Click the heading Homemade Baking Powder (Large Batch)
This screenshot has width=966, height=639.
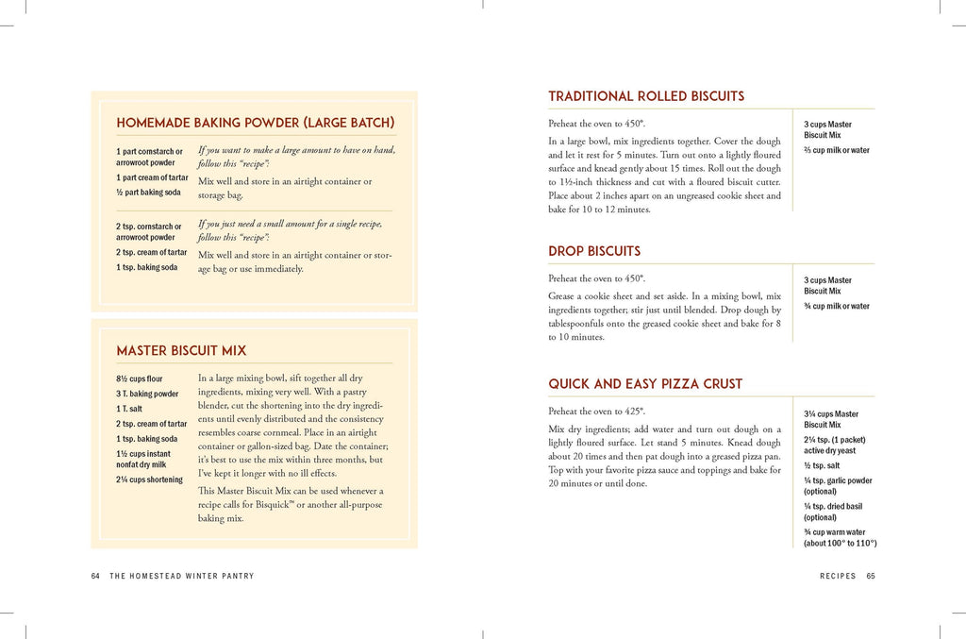tap(255, 123)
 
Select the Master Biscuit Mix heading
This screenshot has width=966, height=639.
tap(181, 351)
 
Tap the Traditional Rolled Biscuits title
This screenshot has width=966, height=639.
tap(646, 96)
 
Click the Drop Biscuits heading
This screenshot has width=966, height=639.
tap(594, 251)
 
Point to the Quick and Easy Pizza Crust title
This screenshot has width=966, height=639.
tap(645, 384)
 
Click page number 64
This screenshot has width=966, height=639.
tap(95, 576)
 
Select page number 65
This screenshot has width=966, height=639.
tap(871, 576)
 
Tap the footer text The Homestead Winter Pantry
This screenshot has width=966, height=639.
tap(182, 576)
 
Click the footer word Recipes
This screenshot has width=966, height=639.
tap(838, 576)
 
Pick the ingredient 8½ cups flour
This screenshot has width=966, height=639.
tap(140, 379)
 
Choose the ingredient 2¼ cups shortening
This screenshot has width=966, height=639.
tap(149, 479)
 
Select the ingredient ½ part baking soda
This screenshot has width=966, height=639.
tap(148, 193)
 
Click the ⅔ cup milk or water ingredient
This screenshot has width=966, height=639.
tap(837, 150)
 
